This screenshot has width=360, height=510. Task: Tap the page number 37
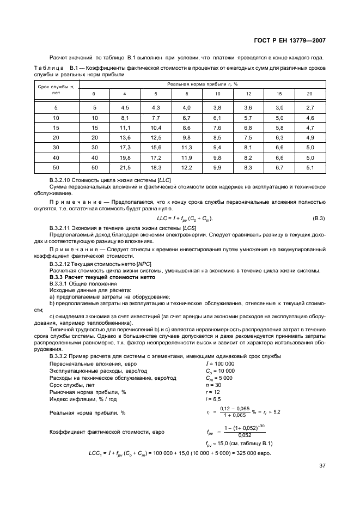pyautogui.click(x=321, y=466)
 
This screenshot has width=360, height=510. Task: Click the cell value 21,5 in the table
pyautogui.click(x=125, y=167)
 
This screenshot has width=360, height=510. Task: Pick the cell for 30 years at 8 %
pyautogui.click(x=187, y=147)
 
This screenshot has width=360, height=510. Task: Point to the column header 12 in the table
pyautogui.click(x=248, y=94)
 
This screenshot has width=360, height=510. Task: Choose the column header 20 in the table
pyautogui.click(x=310, y=94)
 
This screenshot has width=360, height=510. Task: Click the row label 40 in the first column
pyautogui.click(x=56, y=157)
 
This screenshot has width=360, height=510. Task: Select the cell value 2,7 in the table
pyautogui.click(x=310, y=108)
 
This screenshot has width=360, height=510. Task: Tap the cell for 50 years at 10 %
pyautogui.click(x=217, y=167)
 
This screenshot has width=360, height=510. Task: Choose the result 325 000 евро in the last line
pyautogui.click(x=254, y=453)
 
